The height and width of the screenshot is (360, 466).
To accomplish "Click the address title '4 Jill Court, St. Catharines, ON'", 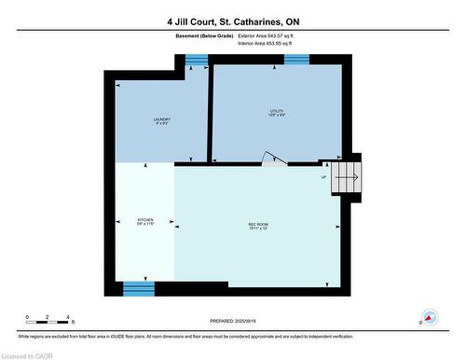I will point(233,21).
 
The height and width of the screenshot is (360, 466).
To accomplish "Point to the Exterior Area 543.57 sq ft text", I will point(272,35).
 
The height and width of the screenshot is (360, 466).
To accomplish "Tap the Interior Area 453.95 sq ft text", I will point(272,43).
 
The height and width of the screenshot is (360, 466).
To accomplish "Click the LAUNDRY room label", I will point(162,120).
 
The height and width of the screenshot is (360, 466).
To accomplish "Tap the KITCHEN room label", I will point(144,221).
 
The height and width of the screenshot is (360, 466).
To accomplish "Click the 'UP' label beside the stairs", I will point(323,177).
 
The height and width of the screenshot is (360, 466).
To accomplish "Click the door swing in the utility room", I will point(270,159).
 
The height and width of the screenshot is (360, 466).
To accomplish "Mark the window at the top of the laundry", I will point(196,61).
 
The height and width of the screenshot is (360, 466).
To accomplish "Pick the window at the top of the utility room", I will point(296,60).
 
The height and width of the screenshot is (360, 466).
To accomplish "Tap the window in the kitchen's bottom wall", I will point(138,287).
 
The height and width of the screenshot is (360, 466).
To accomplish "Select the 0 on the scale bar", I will point(28,318).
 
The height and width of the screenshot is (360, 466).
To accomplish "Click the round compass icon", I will point(430,318).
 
